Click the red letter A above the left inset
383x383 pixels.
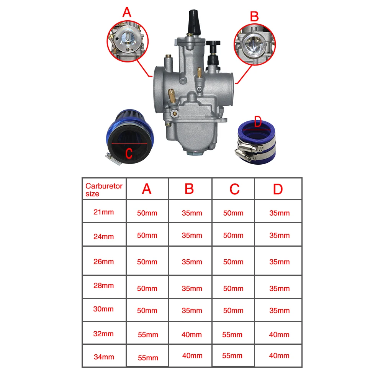pyautogui.click(x=127, y=12)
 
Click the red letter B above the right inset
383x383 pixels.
pyautogui.click(x=254, y=16)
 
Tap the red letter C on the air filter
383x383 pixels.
pyautogui.click(x=129, y=154)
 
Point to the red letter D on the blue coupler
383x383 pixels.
pyautogui.click(x=258, y=122)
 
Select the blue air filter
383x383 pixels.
pyautogui.click(x=130, y=137)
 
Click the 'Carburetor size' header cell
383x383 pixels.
pyautogui.click(x=104, y=189)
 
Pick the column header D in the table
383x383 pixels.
pyautogui.click(x=278, y=189)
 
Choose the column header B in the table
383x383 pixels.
pyautogui.click(x=190, y=189)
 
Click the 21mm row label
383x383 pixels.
pyautogui.click(x=103, y=212)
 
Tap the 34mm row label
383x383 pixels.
pyautogui.click(x=104, y=357)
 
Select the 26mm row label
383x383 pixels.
pyautogui.click(x=103, y=261)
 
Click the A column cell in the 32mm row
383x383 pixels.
pyautogui.click(x=148, y=334)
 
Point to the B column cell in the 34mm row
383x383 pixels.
pyautogui.click(x=192, y=356)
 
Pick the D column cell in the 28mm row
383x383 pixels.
pyautogui.click(x=280, y=288)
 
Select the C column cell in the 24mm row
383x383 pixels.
pyautogui.click(x=233, y=235)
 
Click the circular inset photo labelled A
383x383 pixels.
pyautogui.click(x=128, y=41)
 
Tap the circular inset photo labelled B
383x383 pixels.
pyautogui.click(x=255, y=44)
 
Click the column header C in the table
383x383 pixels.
pyautogui.click(x=234, y=189)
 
